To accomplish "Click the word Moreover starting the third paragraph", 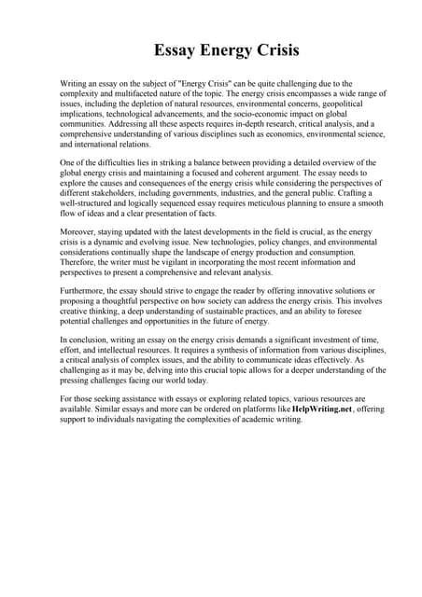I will (x=78, y=230).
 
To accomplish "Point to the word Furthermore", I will (x=84, y=291).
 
